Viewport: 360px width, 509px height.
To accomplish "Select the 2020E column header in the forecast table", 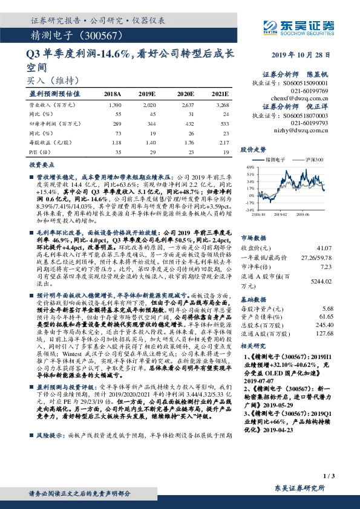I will (185, 95).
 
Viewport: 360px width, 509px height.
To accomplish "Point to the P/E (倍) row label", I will (37, 151).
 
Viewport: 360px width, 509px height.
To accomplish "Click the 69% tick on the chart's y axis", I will (250, 166).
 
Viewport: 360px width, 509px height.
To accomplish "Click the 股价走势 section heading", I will (254, 148).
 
